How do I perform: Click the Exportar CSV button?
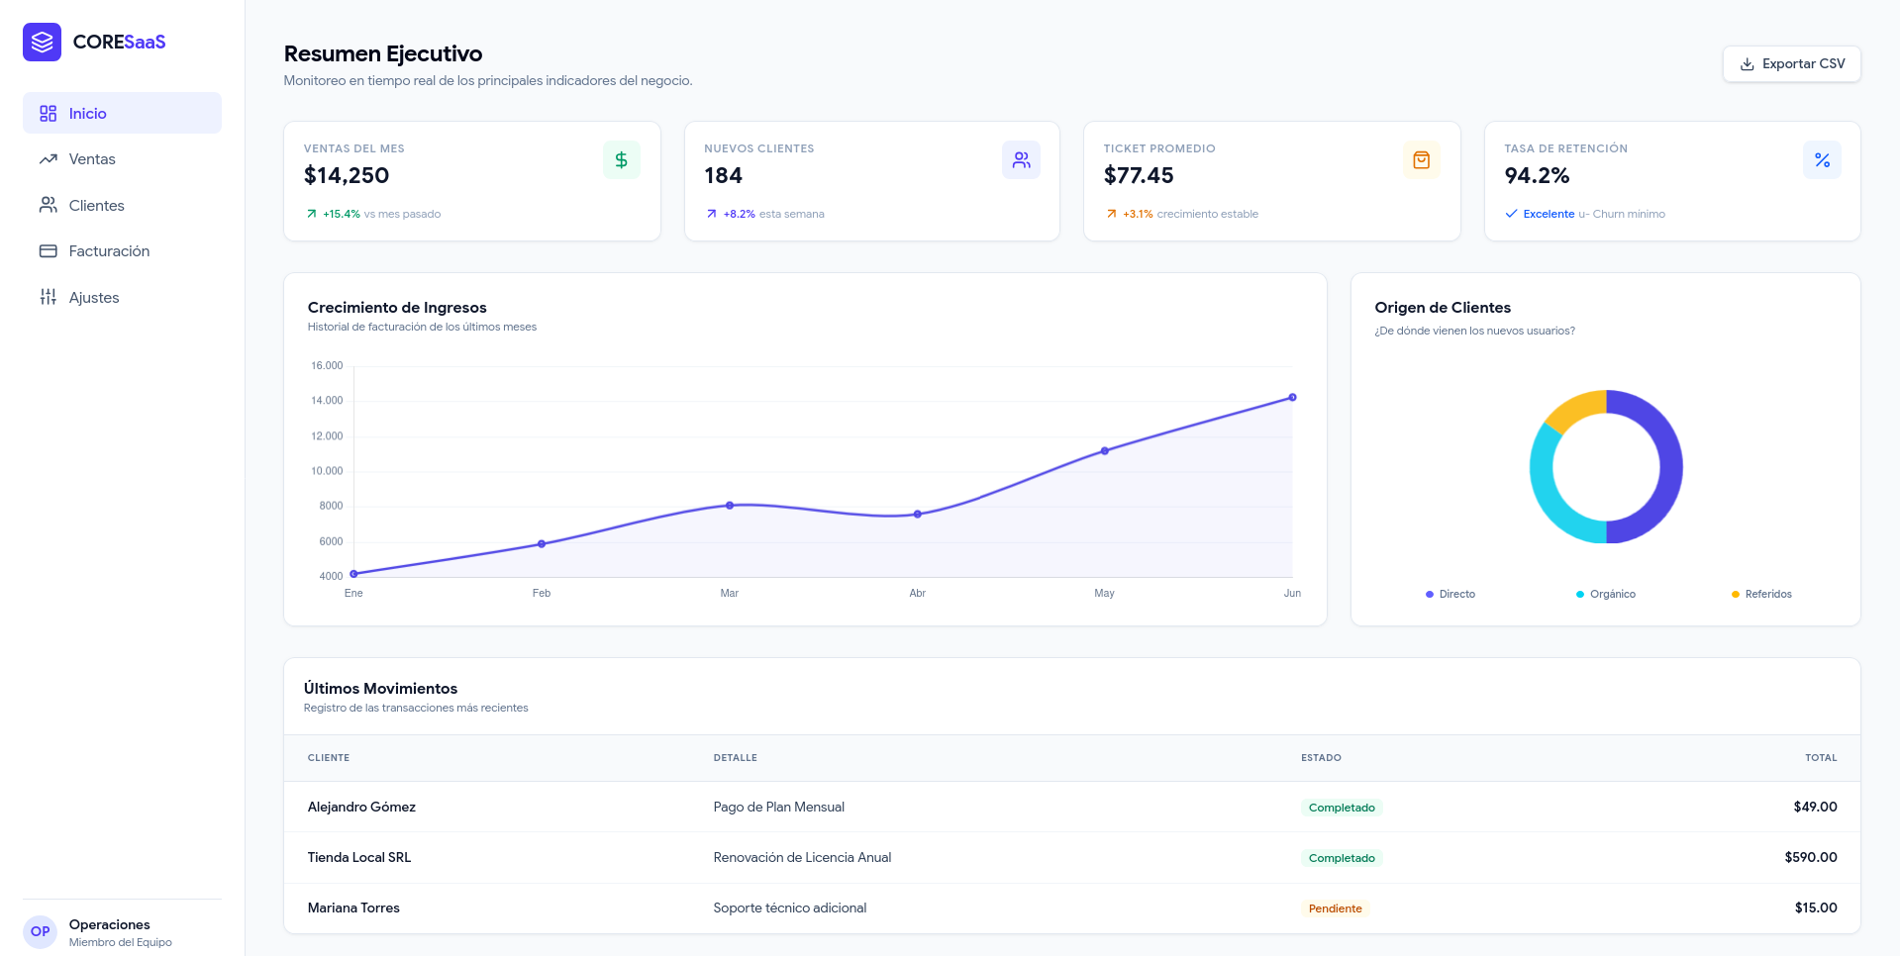click(1791, 64)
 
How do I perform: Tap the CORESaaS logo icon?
click(42, 42)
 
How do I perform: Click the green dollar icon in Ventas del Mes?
click(622, 160)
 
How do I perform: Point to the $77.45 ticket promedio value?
click(1139, 176)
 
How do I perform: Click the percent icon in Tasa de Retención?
click(1822, 160)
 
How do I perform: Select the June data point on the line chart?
click(1292, 398)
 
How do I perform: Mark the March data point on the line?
click(730, 506)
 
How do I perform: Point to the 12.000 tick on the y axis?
click(327, 436)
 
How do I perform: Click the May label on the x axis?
click(1104, 594)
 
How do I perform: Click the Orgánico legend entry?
click(1605, 595)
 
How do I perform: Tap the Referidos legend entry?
click(1761, 595)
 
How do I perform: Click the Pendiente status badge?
click(1335, 908)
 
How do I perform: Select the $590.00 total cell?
click(1811, 858)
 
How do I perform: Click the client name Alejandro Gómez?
click(361, 808)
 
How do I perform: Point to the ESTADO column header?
click(1321, 758)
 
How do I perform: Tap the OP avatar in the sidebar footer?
click(41, 931)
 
